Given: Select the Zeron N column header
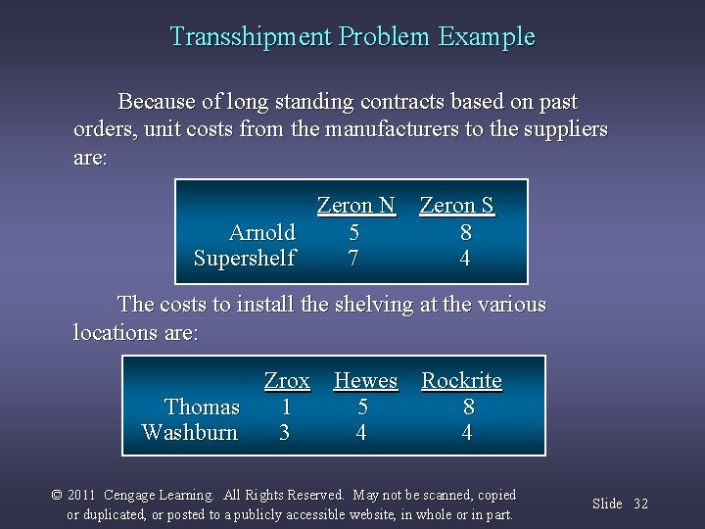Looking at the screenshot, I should tap(355, 206).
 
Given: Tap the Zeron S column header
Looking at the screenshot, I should tap(456, 206).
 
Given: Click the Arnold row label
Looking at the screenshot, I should tap(261, 232).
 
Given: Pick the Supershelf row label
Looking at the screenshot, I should tap(245, 259).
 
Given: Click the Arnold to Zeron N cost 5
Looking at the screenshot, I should tap(353, 232).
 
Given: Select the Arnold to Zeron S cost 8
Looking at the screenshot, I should tap(466, 232).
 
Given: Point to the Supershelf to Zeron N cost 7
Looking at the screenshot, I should tap(353, 259).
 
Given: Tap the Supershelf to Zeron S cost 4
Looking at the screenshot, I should tap(465, 259).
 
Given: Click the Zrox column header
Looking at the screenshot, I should tap(287, 380).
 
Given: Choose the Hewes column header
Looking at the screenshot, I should tap(365, 380).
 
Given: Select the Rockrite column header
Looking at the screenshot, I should tap(461, 380).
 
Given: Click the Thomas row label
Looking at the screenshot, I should tap(202, 407).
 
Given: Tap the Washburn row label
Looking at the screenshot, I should tap(190, 432).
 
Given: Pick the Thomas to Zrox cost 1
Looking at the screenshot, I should tap(286, 407).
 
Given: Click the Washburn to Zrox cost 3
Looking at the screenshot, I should tap(285, 432).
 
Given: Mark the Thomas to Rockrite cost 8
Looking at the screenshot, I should tap(469, 407).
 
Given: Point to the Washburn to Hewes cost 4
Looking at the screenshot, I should tap(361, 432).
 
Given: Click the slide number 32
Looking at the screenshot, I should tap(640, 504).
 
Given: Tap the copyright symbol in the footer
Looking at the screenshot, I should tap(57, 496).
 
